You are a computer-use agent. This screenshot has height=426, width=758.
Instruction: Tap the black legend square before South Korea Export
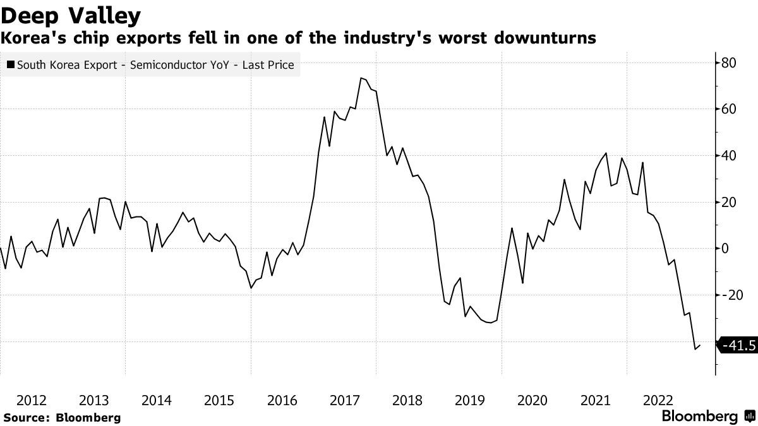[11, 64]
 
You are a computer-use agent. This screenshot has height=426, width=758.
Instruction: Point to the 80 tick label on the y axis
[730, 62]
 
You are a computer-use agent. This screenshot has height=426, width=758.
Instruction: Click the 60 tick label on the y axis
[730, 109]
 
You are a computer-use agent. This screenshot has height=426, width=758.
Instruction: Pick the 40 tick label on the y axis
[730, 156]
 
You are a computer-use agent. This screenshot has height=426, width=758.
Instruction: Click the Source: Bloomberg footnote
[61, 417]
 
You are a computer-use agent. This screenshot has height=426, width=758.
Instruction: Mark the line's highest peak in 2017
[361, 78]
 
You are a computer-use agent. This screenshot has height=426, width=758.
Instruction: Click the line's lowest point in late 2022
[695, 348]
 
